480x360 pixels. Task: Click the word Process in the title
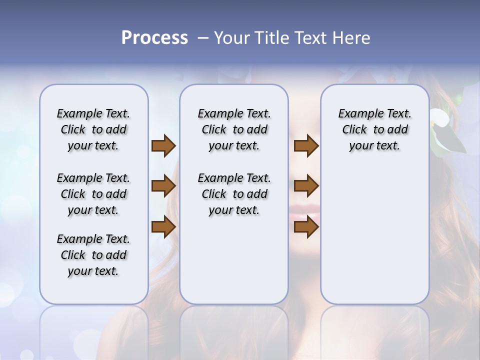[154, 38]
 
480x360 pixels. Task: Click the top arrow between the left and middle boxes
[163, 146]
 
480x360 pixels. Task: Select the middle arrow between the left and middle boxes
[163, 186]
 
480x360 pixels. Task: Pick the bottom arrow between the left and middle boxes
[163, 227]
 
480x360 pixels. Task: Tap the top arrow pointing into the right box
[306, 146]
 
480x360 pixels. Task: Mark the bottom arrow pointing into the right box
[306, 227]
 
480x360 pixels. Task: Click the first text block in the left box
[93, 129]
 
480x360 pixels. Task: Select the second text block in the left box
[93, 194]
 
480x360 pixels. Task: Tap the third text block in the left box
[93, 255]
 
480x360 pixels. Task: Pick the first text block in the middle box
[234, 129]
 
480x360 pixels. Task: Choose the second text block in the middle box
[234, 194]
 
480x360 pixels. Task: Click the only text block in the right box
[374, 129]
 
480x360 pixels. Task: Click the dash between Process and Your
[203, 38]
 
